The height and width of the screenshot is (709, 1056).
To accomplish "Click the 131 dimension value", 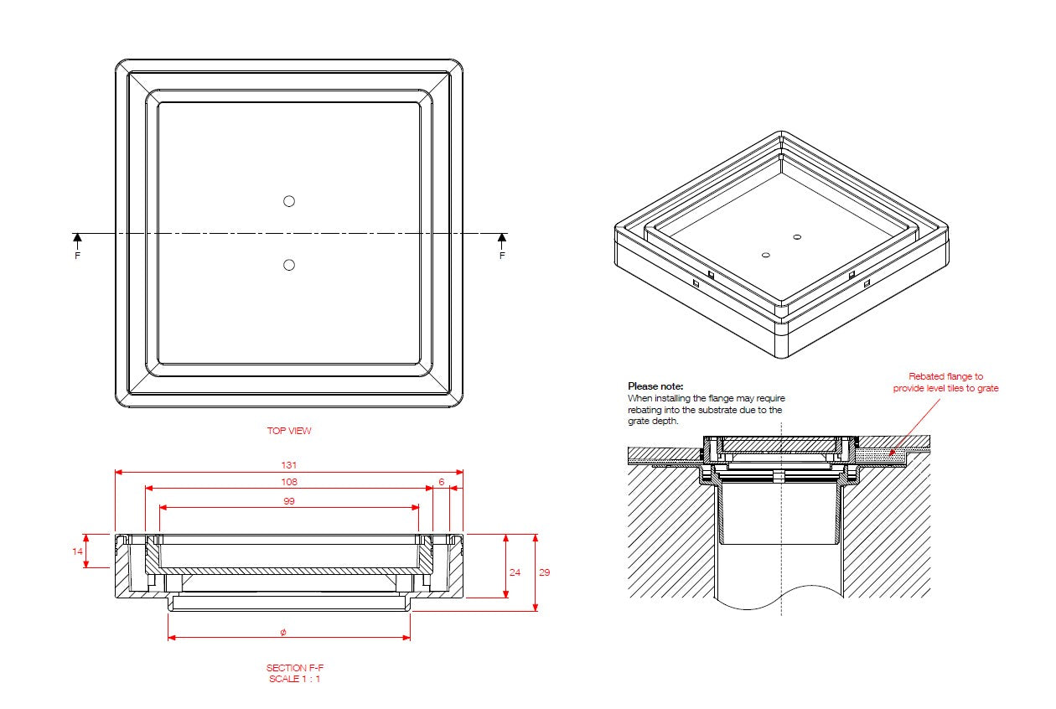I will click(289, 465).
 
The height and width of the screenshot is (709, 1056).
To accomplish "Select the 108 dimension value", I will click(289, 482).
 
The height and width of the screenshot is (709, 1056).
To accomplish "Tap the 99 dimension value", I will click(289, 501).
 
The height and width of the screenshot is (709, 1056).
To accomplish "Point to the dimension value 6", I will click(441, 482).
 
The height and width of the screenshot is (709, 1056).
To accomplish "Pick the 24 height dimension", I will click(515, 572).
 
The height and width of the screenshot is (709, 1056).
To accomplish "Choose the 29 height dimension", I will click(544, 572).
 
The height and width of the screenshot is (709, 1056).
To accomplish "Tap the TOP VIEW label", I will click(289, 431).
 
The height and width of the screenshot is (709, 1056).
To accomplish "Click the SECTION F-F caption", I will click(294, 668).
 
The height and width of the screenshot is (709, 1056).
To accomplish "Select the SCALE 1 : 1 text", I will click(294, 679).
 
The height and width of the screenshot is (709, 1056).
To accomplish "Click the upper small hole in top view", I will click(289, 200).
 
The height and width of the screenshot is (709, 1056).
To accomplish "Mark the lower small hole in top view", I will click(289, 265).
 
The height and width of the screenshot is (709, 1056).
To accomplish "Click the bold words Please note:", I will click(655, 386).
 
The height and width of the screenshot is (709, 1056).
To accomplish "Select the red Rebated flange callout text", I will click(945, 382).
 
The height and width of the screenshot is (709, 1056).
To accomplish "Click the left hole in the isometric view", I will click(765, 254).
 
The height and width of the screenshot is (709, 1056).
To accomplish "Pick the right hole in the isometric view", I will click(796, 237).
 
